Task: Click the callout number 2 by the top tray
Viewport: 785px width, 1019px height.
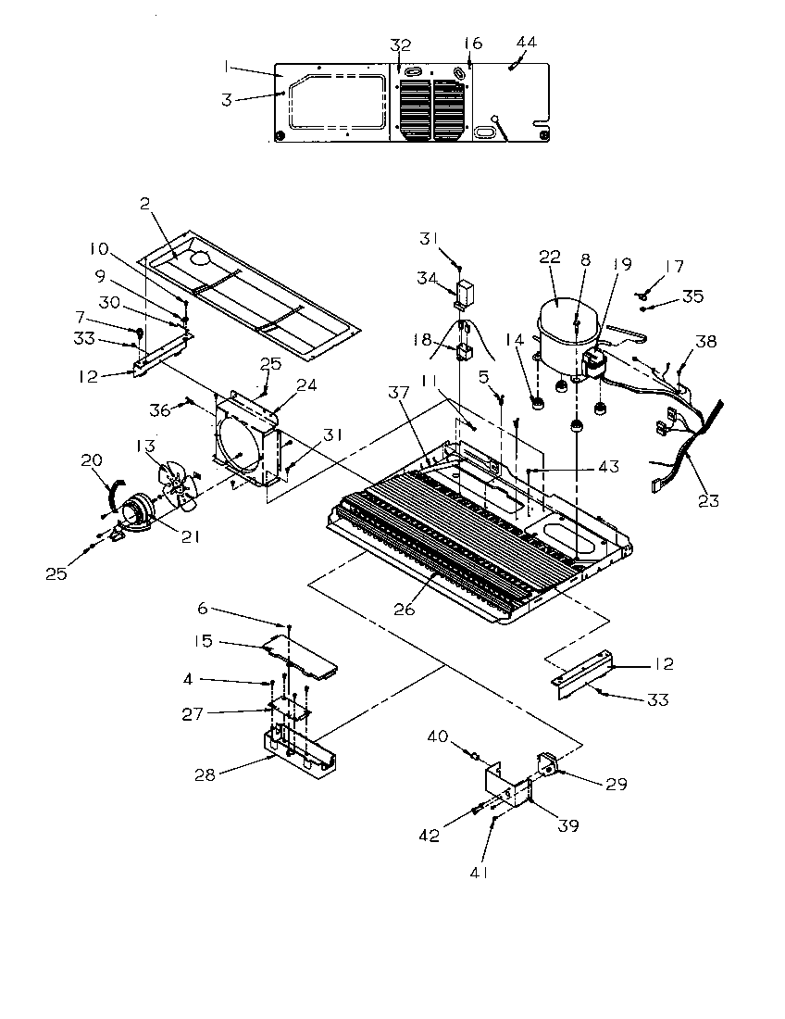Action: (145, 206)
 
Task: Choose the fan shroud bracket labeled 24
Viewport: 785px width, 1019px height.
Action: (245, 435)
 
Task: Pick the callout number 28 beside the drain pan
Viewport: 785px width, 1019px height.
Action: (205, 774)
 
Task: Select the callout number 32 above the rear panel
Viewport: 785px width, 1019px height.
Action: (400, 44)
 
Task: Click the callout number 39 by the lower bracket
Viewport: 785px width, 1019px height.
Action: (567, 825)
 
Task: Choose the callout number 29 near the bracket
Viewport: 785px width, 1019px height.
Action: (616, 785)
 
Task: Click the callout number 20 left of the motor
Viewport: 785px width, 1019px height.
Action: (91, 461)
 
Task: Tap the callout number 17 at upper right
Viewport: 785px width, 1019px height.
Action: (674, 267)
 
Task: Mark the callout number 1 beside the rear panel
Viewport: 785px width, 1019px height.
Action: (227, 67)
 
